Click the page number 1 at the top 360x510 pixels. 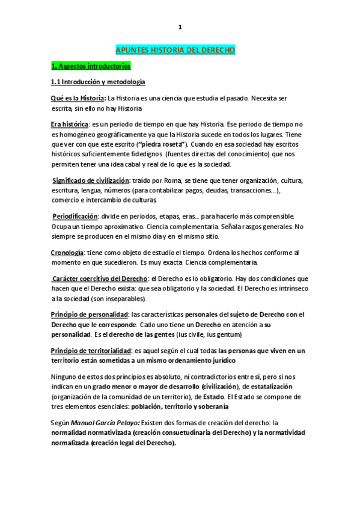tap(180, 27)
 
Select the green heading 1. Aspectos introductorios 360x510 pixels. tap(91, 66)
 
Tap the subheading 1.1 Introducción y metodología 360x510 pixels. tap(98, 81)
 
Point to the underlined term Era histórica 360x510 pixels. tap(70, 124)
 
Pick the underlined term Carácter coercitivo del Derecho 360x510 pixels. tap(100, 278)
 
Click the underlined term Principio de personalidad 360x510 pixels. tap(90, 314)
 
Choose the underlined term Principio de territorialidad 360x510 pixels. tap(92, 350)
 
